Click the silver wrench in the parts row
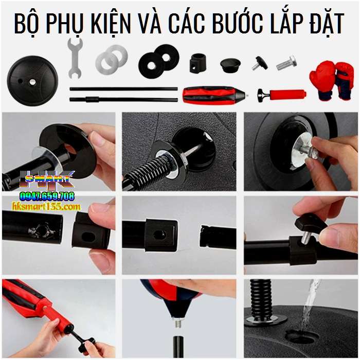(x=75, y=60)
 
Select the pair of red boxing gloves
(x=331, y=79)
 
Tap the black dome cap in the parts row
(x=231, y=65)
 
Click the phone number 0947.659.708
(x=47, y=196)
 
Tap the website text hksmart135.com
(x=46, y=206)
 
